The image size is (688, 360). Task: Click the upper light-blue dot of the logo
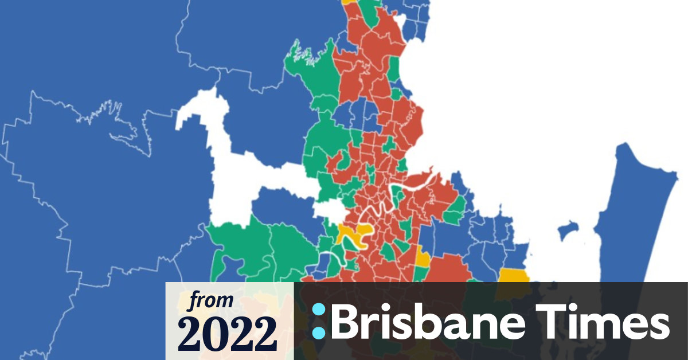[x=319, y=310]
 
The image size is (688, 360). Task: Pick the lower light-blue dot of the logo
[x=319, y=331]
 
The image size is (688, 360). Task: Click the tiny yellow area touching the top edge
[x=348, y=2]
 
